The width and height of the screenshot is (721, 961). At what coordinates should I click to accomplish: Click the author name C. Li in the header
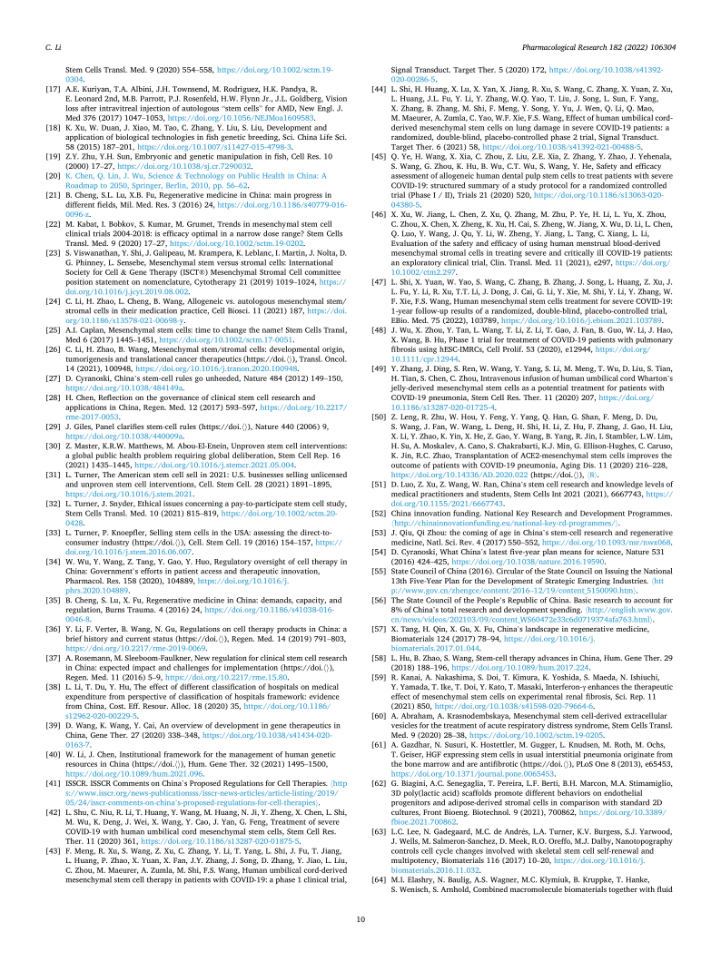coord(52,44)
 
